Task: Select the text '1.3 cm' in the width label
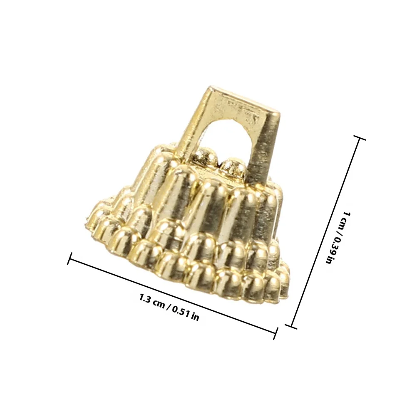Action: [152, 301]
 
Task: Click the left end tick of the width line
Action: [69, 258]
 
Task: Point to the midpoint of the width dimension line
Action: [173, 295]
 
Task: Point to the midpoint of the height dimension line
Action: [326, 231]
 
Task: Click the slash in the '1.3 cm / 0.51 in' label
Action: [168, 307]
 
